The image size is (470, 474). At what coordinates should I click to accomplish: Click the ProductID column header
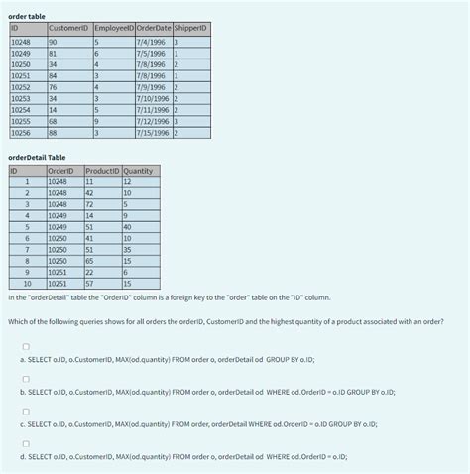pos(103,171)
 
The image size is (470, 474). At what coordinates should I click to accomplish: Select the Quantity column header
pos(139,171)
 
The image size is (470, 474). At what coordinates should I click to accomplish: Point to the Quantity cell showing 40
pos(127,226)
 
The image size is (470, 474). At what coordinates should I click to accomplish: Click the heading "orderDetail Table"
pos(37,157)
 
